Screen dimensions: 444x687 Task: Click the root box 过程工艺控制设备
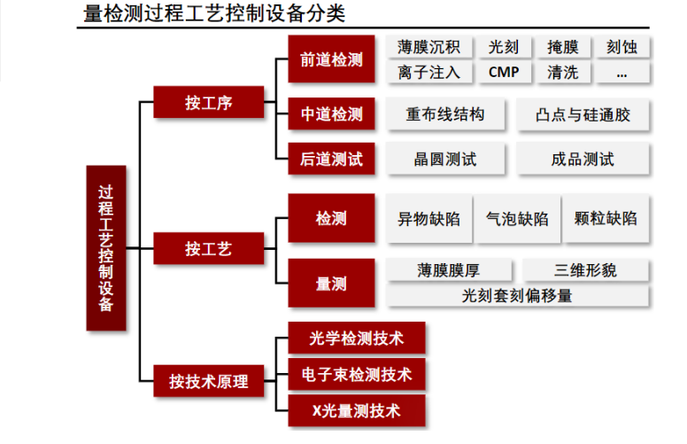106,249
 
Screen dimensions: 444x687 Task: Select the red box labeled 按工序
209,102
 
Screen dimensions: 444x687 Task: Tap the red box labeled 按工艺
209,248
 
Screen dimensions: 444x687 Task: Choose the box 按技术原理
209,382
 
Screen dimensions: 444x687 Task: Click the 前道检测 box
331,59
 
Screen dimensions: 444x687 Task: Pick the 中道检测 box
331,114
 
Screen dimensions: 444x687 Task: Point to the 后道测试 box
331,160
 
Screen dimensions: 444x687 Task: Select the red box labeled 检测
331,218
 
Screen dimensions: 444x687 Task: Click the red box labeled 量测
331,284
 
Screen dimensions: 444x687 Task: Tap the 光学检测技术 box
357,338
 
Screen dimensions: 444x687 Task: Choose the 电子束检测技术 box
357,375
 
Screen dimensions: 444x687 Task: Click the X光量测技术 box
357,411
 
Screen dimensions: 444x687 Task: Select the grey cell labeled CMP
504,73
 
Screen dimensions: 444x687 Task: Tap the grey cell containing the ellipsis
621,73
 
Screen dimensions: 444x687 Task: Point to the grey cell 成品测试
583,160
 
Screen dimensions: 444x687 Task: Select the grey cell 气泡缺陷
517,218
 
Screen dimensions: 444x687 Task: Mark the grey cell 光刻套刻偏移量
517,296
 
